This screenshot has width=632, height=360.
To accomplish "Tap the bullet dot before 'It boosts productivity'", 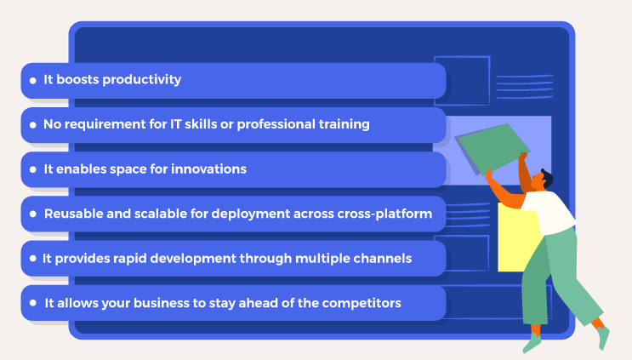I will pyautogui.click(x=31, y=81).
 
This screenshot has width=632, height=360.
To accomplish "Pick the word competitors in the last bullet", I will pyautogui.click(x=362, y=303).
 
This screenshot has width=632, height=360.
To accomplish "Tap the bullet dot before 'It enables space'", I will pyautogui.click(x=31, y=169).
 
